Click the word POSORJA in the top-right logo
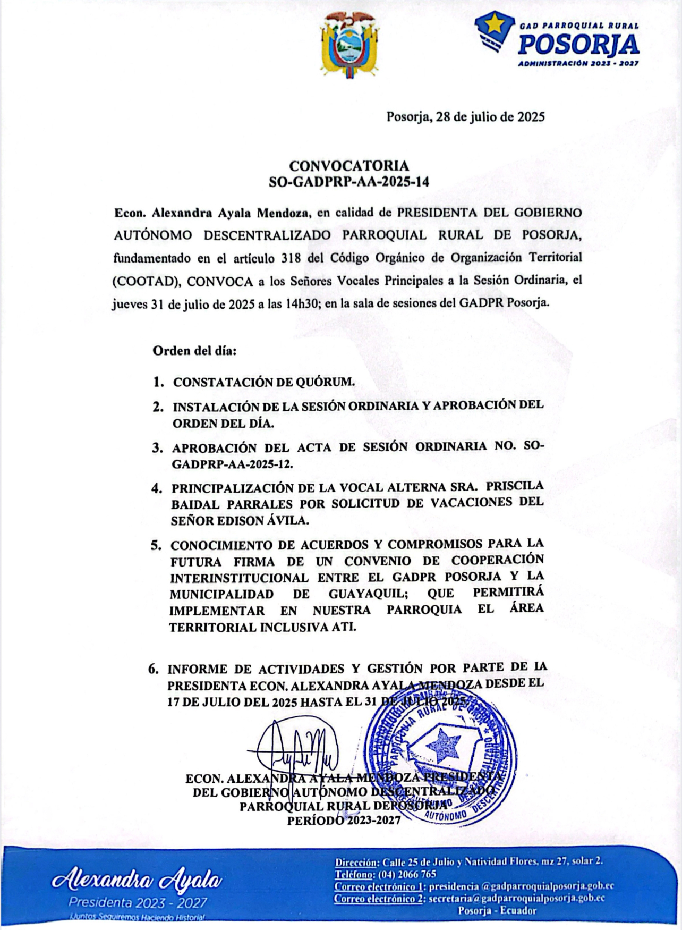578,45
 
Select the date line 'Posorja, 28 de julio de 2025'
465,117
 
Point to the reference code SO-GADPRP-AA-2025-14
349,182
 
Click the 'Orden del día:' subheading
194,351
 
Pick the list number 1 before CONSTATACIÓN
157,382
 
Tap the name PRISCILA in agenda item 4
515,486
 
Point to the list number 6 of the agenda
154,669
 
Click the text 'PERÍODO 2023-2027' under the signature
344,819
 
